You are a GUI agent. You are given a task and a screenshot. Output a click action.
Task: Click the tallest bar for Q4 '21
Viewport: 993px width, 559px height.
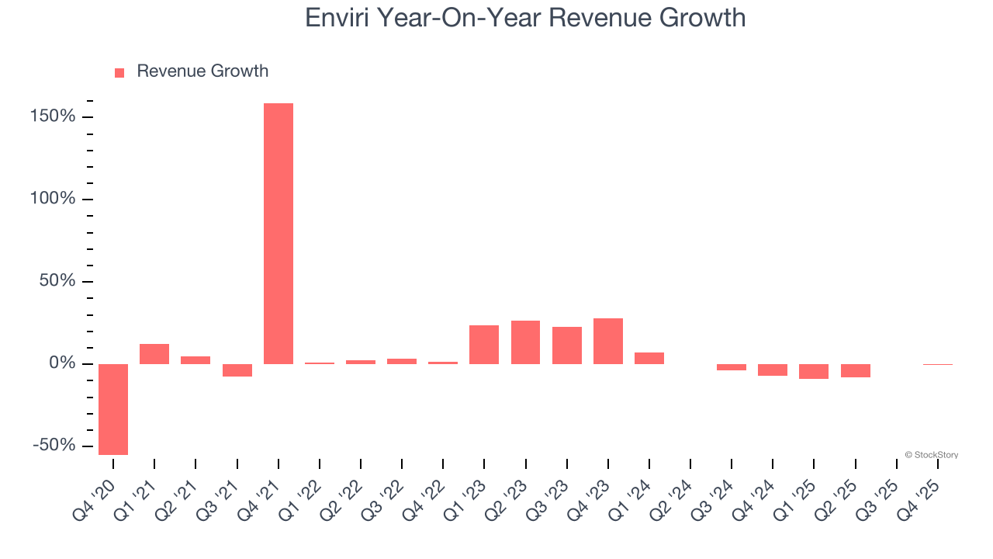pos(279,233)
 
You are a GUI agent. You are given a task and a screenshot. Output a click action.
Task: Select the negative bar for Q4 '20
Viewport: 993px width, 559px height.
pos(113,409)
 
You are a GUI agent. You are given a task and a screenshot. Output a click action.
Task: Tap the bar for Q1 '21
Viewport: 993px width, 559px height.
pos(154,354)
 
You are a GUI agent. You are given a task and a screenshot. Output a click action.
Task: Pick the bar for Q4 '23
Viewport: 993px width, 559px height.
pos(608,341)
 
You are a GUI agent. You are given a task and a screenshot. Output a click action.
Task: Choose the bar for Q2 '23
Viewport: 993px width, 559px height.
pos(525,342)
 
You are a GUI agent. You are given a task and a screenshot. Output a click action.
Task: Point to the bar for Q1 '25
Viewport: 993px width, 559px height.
pos(814,371)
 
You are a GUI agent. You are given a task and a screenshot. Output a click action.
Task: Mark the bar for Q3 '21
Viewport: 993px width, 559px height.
pos(237,370)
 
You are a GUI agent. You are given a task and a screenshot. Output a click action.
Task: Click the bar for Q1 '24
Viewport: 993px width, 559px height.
pos(649,358)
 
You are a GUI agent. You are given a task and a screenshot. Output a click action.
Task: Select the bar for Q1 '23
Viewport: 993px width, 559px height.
pos(484,345)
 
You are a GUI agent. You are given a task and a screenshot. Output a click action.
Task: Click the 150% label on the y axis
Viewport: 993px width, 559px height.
pos(54,116)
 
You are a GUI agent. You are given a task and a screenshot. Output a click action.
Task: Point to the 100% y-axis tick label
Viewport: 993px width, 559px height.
pos(54,199)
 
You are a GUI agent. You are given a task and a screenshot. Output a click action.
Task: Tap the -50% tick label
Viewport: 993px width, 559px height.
pos(54,446)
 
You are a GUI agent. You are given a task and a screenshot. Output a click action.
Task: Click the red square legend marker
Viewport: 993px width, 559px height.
pos(119,72)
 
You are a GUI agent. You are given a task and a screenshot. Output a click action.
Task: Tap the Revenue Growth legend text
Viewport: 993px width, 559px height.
pos(202,71)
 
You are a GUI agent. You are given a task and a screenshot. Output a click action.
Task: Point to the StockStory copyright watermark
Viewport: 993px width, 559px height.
pos(931,455)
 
